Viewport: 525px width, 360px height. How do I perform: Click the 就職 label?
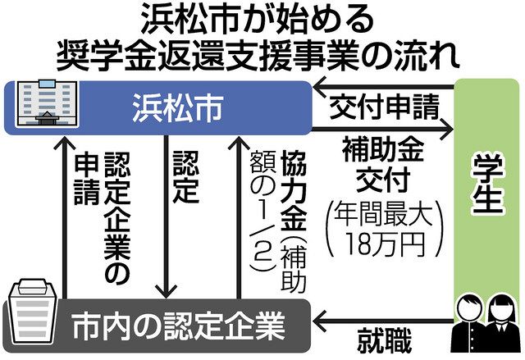click(x=386, y=339)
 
